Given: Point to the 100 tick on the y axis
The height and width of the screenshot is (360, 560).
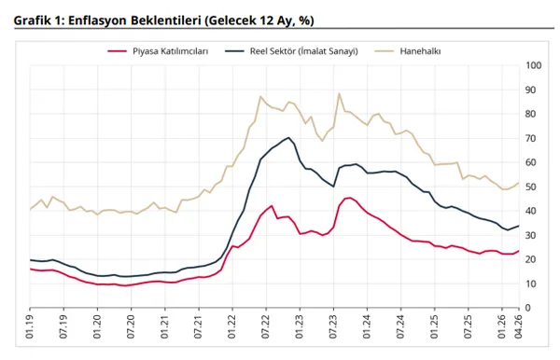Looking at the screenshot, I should pos(534,65).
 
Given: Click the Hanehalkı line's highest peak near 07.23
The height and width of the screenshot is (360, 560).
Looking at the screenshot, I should pos(340,93).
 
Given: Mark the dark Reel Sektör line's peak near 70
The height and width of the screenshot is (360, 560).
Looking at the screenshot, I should pos(289,138).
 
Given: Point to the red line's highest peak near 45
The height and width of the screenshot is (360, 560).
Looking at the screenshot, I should pos(348,198).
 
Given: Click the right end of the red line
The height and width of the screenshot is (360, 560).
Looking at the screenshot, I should pos(519,250).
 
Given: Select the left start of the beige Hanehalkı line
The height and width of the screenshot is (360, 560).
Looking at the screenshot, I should pos(31,209).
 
